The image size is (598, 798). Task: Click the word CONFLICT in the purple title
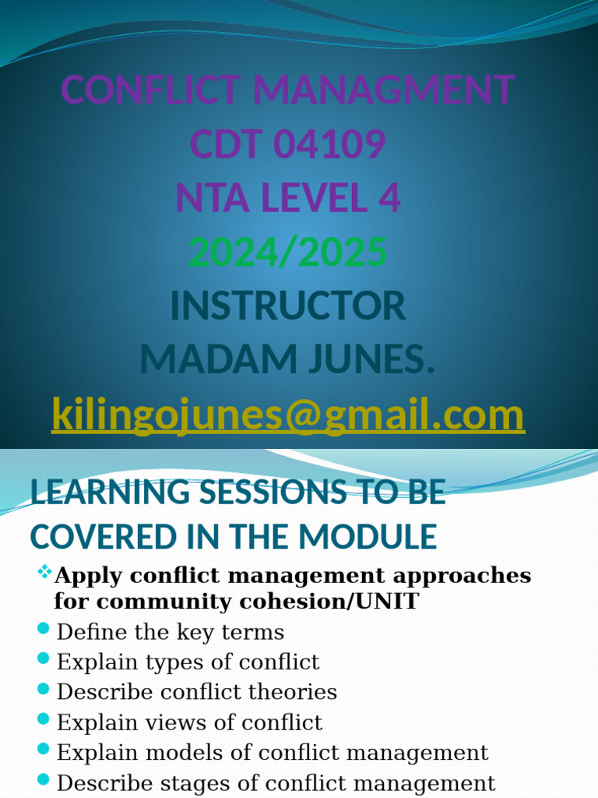pyautogui.click(x=151, y=90)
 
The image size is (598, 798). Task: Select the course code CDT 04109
pyautogui.click(x=288, y=144)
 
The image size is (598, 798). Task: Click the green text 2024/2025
pyautogui.click(x=288, y=252)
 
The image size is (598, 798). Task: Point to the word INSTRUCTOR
pyautogui.click(x=288, y=305)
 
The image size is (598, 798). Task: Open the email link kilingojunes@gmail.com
pyautogui.click(x=288, y=415)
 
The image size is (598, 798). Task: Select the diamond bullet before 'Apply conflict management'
pyautogui.click(x=44, y=574)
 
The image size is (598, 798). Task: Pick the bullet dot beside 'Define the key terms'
pyautogui.click(x=44, y=629)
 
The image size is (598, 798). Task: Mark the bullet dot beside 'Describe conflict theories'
pyautogui.click(x=44, y=690)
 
